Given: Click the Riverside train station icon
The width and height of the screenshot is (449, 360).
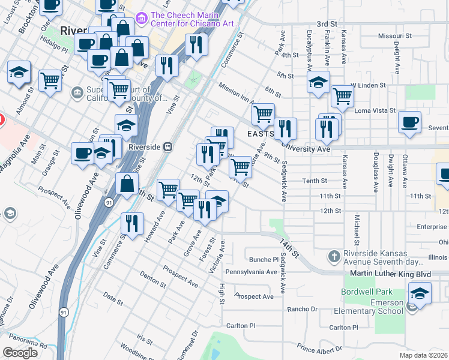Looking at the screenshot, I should coord(169,146).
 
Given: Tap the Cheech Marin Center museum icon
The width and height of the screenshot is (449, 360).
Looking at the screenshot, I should coord(141,19).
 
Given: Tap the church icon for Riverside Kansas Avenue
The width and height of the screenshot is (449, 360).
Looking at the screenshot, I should coord(334,257).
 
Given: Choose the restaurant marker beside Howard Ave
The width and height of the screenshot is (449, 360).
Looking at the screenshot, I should coord(132,223).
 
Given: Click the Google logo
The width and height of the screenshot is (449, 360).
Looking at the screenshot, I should coord(20,353).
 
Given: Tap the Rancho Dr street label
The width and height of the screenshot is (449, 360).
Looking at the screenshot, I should coord(301,309).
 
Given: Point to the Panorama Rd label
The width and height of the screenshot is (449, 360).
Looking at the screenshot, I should coord(28,345).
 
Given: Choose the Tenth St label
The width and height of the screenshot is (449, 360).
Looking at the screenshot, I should coord(315,181).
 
